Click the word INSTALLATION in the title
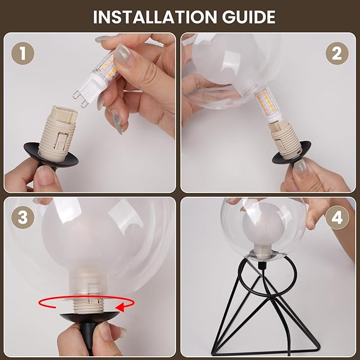pos(155,17)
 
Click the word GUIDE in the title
pos(249,17)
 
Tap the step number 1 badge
pos(23,53)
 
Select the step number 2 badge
pos(337,53)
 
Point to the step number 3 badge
pos(23,217)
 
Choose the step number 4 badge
pos(337,218)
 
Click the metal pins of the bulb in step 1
pos(81,99)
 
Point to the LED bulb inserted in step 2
pos(267,104)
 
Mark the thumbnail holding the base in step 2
pos(300,166)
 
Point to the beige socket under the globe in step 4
pos(263,251)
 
